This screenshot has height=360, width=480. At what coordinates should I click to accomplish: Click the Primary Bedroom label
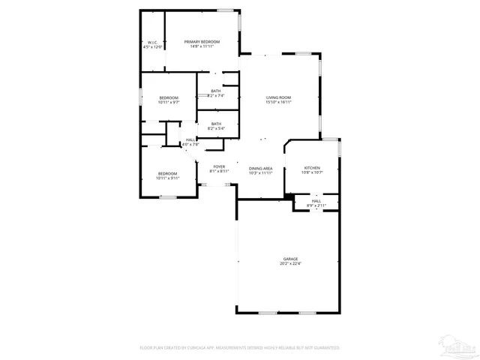point(202,41)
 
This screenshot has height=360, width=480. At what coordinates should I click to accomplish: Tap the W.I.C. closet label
point(153,42)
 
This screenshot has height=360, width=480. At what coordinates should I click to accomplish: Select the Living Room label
point(279,97)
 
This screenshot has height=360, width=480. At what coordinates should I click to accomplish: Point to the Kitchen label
point(312,167)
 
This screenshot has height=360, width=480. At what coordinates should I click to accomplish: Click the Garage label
point(290,259)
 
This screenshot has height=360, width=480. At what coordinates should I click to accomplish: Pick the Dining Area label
point(260,168)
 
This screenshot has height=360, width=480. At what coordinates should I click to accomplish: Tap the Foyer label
point(219,166)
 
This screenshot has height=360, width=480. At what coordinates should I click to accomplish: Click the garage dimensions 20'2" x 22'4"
point(290,264)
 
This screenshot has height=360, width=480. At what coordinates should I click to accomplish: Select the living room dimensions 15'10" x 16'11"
point(279,102)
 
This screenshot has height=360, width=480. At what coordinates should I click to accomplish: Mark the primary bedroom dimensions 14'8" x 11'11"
point(202,46)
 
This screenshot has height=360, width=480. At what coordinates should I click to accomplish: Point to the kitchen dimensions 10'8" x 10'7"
point(312,172)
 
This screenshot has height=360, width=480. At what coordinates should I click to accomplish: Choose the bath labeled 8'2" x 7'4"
point(216,95)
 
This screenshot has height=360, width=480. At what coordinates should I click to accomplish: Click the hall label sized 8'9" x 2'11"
point(316,205)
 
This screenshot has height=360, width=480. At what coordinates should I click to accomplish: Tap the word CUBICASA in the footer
point(203,348)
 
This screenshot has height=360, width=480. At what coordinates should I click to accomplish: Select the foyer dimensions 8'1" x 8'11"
point(219,172)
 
